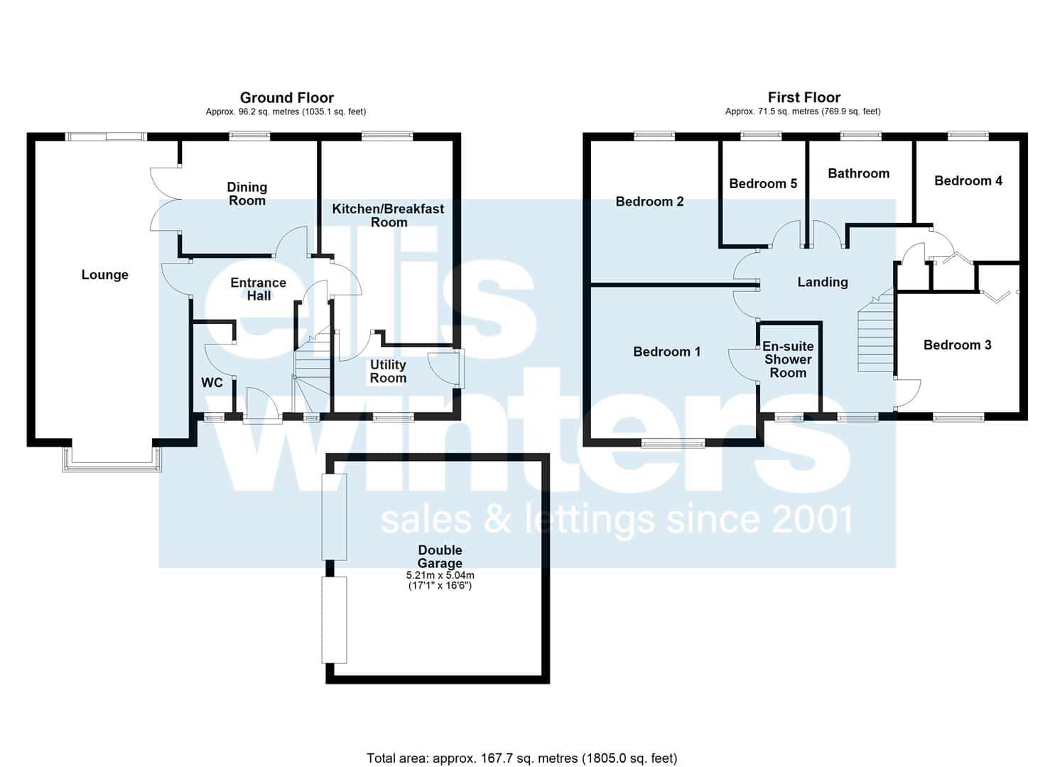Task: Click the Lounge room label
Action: [104, 275]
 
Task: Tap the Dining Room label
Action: [247, 193]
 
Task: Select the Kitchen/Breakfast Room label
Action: [388, 215]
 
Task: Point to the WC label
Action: [212, 382]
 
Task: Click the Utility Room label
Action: [388, 371]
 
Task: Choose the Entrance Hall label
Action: [259, 288]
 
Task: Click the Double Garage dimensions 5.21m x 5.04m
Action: [440, 575]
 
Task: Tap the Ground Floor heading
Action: [287, 97]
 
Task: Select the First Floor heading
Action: [804, 97]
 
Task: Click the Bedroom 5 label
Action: [763, 183]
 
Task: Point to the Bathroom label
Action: [859, 173]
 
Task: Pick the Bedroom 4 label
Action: [968, 180]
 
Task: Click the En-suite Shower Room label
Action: [788, 359]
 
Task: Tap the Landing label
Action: [823, 281]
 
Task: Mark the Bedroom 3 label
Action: [958, 344]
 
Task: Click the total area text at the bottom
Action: [522, 731]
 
